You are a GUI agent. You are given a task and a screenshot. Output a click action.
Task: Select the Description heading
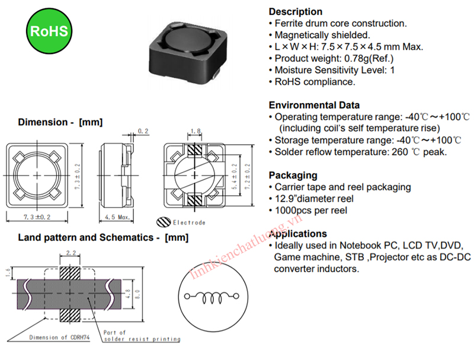click(x=296, y=12)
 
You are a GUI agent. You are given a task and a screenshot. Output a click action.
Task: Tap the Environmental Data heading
click(x=314, y=105)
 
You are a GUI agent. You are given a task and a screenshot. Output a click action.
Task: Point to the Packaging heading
click(x=293, y=176)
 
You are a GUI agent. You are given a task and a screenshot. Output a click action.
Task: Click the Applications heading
click(x=298, y=234)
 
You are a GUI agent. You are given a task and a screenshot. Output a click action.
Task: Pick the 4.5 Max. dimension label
click(x=117, y=218)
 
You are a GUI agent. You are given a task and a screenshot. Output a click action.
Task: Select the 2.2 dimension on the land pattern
click(x=71, y=253)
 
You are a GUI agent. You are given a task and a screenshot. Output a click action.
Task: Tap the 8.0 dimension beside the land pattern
click(x=137, y=292)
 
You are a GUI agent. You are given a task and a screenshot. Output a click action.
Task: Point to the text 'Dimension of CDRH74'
click(x=60, y=337)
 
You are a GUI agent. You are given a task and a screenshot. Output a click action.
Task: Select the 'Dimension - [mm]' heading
click(x=60, y=122)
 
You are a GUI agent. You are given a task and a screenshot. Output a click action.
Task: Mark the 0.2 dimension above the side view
click(x=142, y=131)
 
